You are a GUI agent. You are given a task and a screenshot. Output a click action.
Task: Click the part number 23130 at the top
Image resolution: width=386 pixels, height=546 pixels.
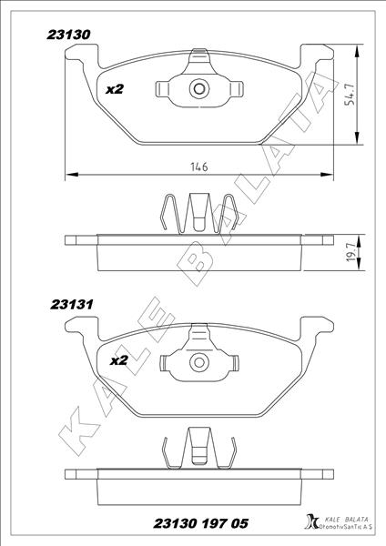[68, 35]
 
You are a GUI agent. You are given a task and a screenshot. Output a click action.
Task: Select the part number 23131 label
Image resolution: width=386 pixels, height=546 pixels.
[68, 307]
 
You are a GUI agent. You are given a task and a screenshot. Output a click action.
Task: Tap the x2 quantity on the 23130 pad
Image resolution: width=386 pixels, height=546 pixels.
[115, 90]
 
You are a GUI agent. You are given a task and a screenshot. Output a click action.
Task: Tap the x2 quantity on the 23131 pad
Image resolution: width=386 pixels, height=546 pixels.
[119, 360]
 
